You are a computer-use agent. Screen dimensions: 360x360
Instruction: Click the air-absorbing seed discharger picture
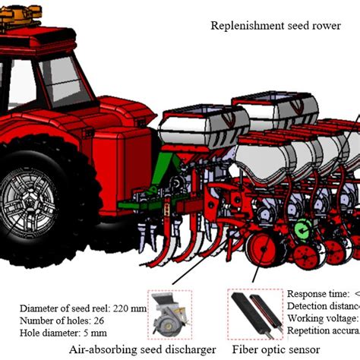click(170, 312)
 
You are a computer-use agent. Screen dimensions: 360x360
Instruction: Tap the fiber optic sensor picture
click(254, 312)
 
